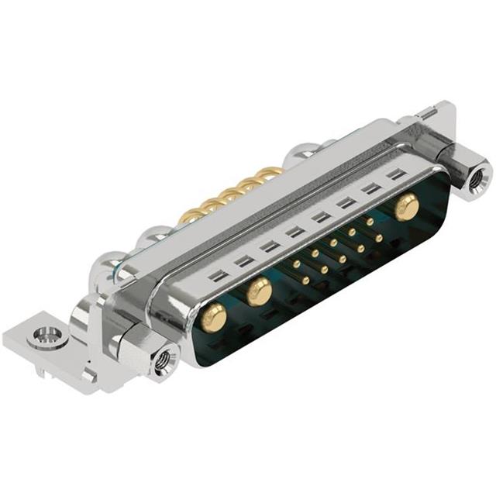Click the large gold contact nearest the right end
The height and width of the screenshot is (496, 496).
pos(405,206)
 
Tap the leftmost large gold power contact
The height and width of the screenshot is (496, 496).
pos(213,316)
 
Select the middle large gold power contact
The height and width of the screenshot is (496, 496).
pos(259,292)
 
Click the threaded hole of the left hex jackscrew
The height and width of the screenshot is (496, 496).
pos(164,360)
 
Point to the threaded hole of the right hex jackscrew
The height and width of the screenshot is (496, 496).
pos(480,177)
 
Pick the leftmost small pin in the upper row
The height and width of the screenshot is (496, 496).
pos(296,264)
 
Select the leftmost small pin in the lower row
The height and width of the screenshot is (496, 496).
pos(305,280)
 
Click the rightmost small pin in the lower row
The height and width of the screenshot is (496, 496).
pos(379,238)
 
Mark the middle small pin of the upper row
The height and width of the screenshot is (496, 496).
pos(333,243)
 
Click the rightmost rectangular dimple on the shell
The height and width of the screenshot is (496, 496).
pos(397,176)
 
